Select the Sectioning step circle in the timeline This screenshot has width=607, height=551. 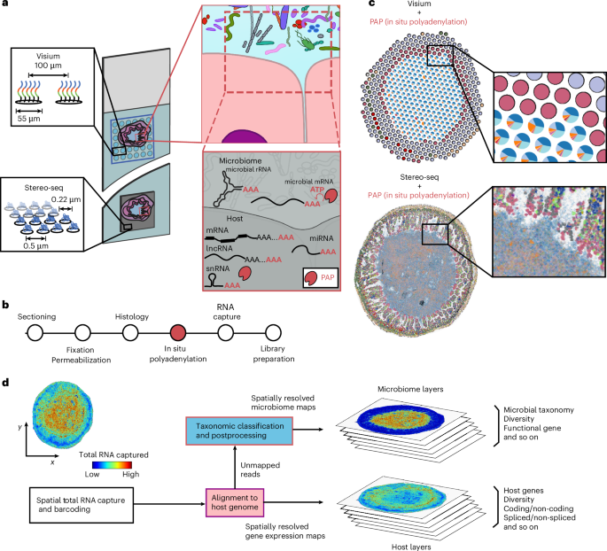click(x=35, y=332)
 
